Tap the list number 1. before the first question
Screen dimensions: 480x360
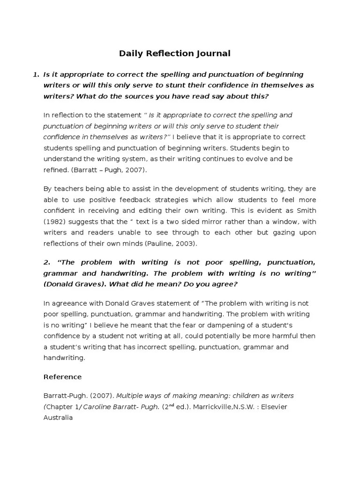point(36,75)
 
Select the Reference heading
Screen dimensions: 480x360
point(62,377)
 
